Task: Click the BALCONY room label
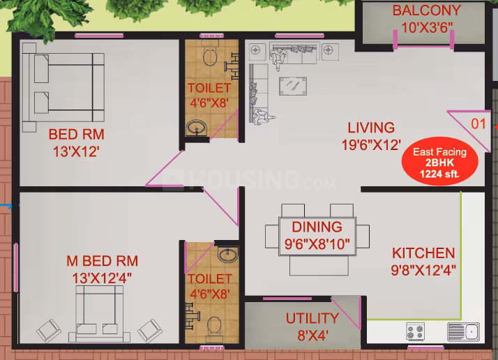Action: pyautogui.click(x=427, y=10)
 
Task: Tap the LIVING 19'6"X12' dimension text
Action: pyautogui.click(x=371, y=145)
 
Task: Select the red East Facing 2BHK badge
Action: pyautogui.click(x=440, y=162)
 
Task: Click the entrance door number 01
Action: pyautogui.click(x=478, y=124)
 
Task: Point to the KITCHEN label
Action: pyautogui.click(x=423, y=253)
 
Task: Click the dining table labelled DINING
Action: pyautogui.click(x=317, y=236)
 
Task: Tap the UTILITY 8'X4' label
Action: pyautogui.click(x=312, y=327)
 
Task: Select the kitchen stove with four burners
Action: pyautogui.click(x=416, y=331)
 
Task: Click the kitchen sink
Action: pyautogui.click(x=463, y=331)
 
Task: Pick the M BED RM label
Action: pyautogui.click(x=103, y=261)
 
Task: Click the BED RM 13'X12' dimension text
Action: pyautogui.click(x=76, y=151)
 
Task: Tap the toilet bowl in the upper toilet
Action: pyautogui.click(x=210, y=54)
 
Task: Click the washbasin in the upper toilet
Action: pyautogui.click(x=196, y=128)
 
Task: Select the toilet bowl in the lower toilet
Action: pyautogui.click(x=214, y=329)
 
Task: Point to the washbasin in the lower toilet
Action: pyautogui.click(x=227, y=255)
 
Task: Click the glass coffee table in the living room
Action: pyautogui.click(x=293, y=86)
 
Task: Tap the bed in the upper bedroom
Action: pyautogui.click(x=63, y=87)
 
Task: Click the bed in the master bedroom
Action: pyautogui.click(x=99, y=314)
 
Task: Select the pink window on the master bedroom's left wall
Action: pyautogui.click(x=16, y=267)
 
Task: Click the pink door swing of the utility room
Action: pyautogui.click(x=346, y=313)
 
